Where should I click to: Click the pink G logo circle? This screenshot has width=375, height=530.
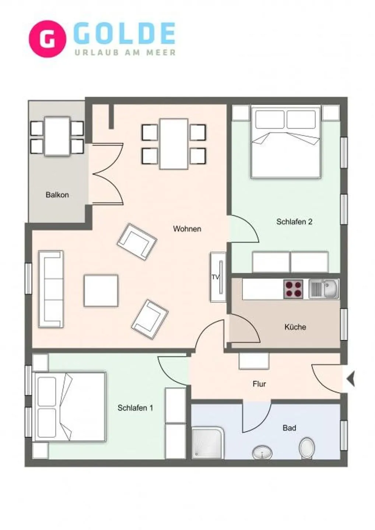pyautogui.click(x=47, y=39)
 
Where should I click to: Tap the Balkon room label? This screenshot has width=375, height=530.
pyautogui.click(x=57, y=195)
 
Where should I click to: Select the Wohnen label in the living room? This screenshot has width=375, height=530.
pyautogui.click(x=187, y=229)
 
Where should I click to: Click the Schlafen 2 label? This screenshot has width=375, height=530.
pyautogui.click(x=294, y=222)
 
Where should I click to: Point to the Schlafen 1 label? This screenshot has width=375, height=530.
pyautogui.click(x=135, y=408)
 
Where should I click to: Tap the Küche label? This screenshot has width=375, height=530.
pyautogui.click(x=295, y=327)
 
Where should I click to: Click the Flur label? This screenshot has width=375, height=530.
pyautogui.click(x=259, y=384)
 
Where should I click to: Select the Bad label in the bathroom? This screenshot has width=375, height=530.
pyautogui.click(x=289, y=428)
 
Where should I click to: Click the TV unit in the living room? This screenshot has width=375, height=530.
pyautogui.click(x=218, y=277)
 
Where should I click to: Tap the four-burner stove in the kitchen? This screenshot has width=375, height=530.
pyautogui.click(x=293, y=289)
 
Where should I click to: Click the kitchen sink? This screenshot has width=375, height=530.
pyautogui.click(x=324, y=289)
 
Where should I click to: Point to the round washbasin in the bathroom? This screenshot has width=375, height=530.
pyautogui.click(x=262, y=452)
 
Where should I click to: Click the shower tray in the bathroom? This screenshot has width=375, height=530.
pyautogui.click(x=207, y=443)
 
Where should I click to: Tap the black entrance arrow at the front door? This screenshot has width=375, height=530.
pyautogui.click(x=351, y=379)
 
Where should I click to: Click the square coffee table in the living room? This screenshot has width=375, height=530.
pyautogui.click(x=101, y=291)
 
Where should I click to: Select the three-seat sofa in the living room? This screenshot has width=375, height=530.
pyautogui.click(x=51, y=289)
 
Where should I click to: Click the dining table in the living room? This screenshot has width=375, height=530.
pyautogui.click(x=174, y=144)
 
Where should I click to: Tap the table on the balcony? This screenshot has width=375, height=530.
pyautogui.click(x=57, y=136)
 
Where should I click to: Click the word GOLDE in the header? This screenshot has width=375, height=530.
pyautogui.click(x=125, y=34)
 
